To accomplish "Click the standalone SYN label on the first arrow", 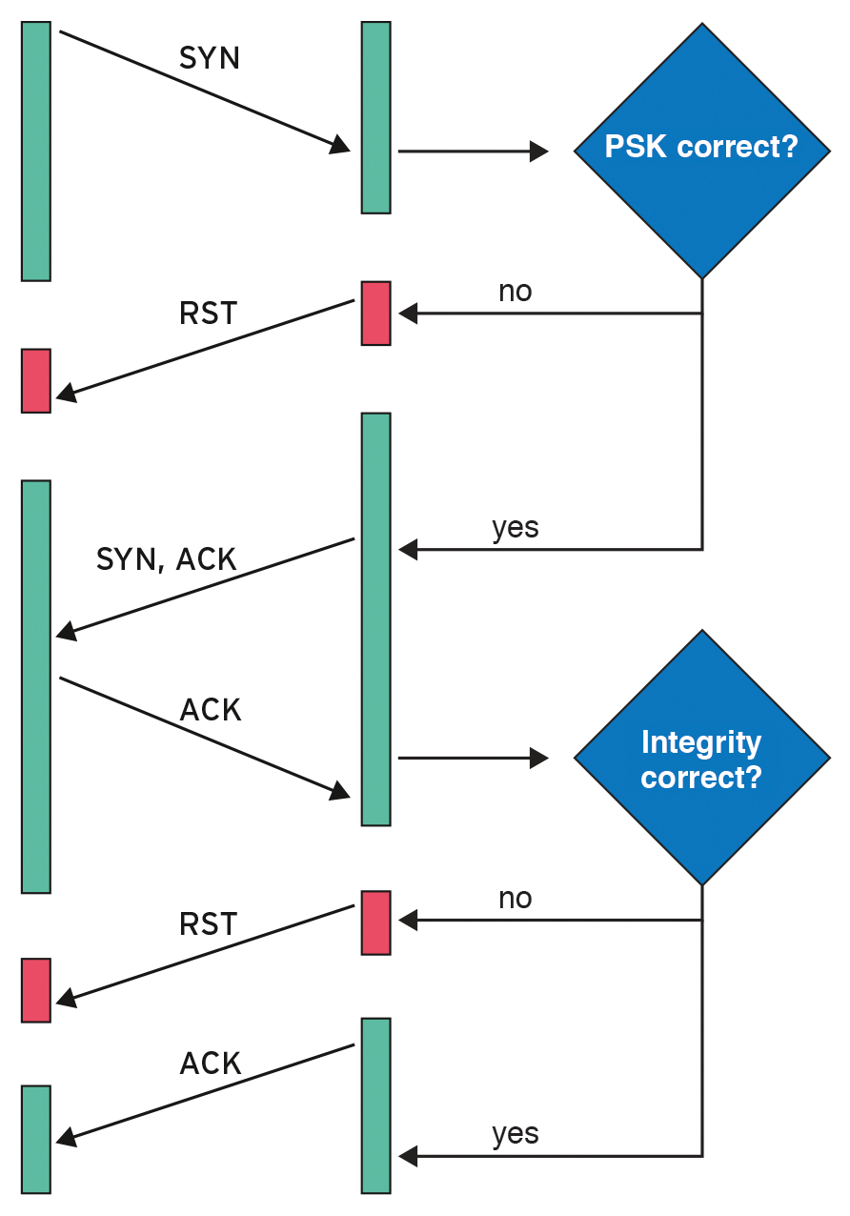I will pos(210,58).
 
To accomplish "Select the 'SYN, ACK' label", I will pos(166,559).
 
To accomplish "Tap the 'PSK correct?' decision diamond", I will pos(701,150).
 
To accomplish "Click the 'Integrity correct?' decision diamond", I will pos(701,759).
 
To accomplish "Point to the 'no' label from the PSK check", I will pos(515,291).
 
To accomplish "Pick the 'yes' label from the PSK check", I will pos(515,527).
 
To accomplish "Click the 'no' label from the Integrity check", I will pos(515,898).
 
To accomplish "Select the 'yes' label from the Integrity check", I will pos(515,1134).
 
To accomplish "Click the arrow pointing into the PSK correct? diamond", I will pos(473,151).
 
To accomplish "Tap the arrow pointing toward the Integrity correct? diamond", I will pos(473,759).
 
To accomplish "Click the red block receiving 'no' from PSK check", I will pos(375,313).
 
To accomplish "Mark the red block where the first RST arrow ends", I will pos(36,380).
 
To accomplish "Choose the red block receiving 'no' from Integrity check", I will pos(375,922).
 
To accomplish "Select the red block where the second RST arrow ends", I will pos(36,990).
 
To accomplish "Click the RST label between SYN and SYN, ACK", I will pos(208,314).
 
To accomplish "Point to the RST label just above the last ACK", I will pos(208,923).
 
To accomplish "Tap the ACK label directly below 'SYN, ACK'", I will pos(211,710).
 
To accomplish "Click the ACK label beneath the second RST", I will pos(211,1064).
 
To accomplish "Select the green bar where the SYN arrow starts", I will pos(36,151).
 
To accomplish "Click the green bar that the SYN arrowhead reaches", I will pos(375,117).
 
